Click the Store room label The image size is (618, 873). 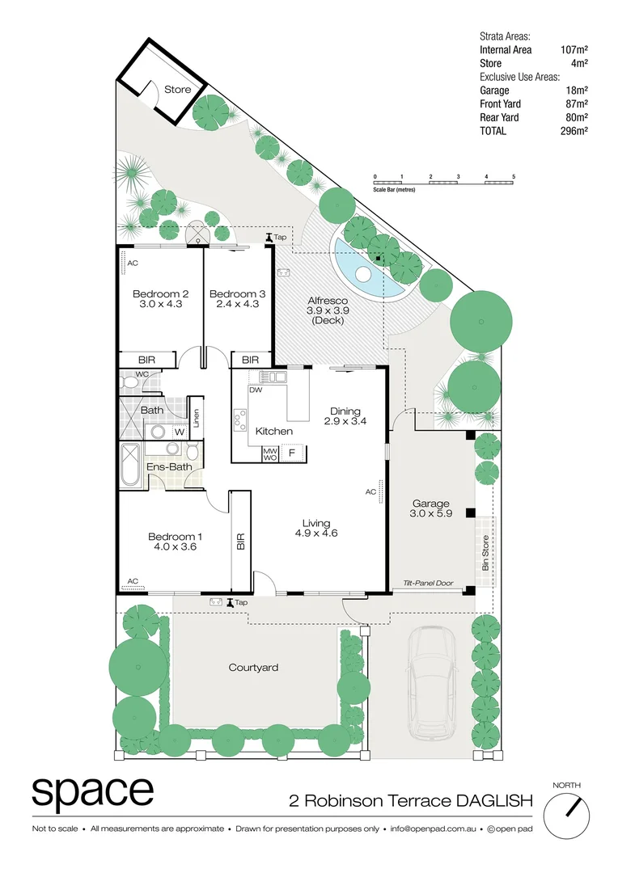point(177,89)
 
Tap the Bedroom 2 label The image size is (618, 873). point(161,293)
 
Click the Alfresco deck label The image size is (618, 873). point(327,301)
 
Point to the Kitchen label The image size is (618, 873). point(273,431)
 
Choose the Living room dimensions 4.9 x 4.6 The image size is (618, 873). point(315,533)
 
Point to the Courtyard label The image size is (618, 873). point(253,668)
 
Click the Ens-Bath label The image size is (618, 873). point(168,466)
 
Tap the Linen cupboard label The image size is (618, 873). point(196,419)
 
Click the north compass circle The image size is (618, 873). point(566,814)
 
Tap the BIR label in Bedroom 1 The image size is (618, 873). point(240,541)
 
